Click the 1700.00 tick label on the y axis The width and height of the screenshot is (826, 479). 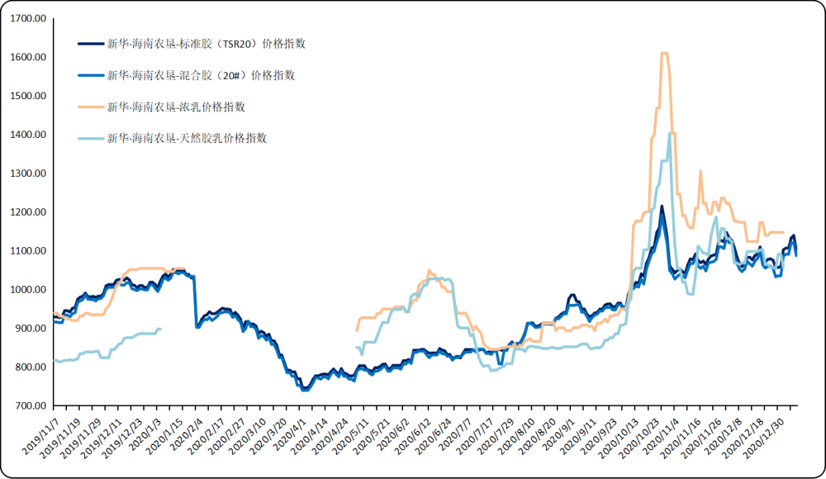(27, 19)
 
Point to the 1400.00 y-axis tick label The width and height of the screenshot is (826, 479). (27, 135)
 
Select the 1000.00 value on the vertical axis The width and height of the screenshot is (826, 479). (27, 290)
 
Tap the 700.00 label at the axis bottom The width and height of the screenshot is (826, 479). (30, 406)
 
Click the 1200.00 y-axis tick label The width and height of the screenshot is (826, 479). (27, 212)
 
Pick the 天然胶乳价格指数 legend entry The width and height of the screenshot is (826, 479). (187, 138)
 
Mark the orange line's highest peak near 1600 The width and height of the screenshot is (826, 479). (663, 54)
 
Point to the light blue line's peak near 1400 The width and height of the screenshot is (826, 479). (670, 133)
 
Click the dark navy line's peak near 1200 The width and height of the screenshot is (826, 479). (662, 206)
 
